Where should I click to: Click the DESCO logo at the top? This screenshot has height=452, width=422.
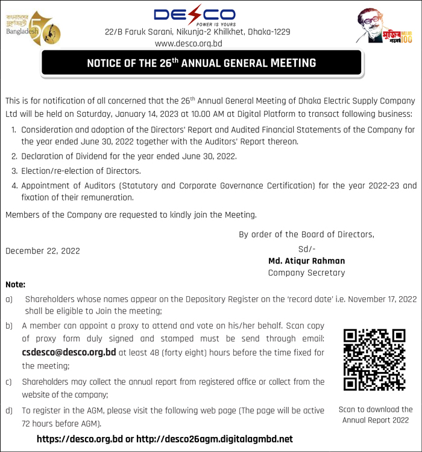tap(195, 14)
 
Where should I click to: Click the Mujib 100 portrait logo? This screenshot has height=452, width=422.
tap(384, 26)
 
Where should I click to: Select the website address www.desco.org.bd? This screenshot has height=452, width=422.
tap(189, 43)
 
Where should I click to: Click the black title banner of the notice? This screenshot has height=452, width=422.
tap(201, 63)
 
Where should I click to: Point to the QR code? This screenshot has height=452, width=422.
tap(374, 360)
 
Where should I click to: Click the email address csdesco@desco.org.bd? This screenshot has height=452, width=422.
tap(68, 352)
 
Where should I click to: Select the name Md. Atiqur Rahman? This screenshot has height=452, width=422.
tap(306, 261)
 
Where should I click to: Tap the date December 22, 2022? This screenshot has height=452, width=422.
tap(42, 250)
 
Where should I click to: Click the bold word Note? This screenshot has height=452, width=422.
tap(15, 284)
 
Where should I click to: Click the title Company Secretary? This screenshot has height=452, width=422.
tap(306, 273)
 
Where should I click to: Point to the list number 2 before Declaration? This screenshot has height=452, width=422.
tap(14, 156)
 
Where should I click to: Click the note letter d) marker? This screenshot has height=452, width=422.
tap(9, 410)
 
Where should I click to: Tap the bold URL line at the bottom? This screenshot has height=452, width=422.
tap(165, 439)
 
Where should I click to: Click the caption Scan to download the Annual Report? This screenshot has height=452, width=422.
tap(376, 415)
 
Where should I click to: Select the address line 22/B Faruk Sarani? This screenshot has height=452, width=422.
tap(197, 31)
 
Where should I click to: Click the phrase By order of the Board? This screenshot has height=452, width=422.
tap(306, 234)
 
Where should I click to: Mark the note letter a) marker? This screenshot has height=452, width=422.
tap(9, 299)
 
